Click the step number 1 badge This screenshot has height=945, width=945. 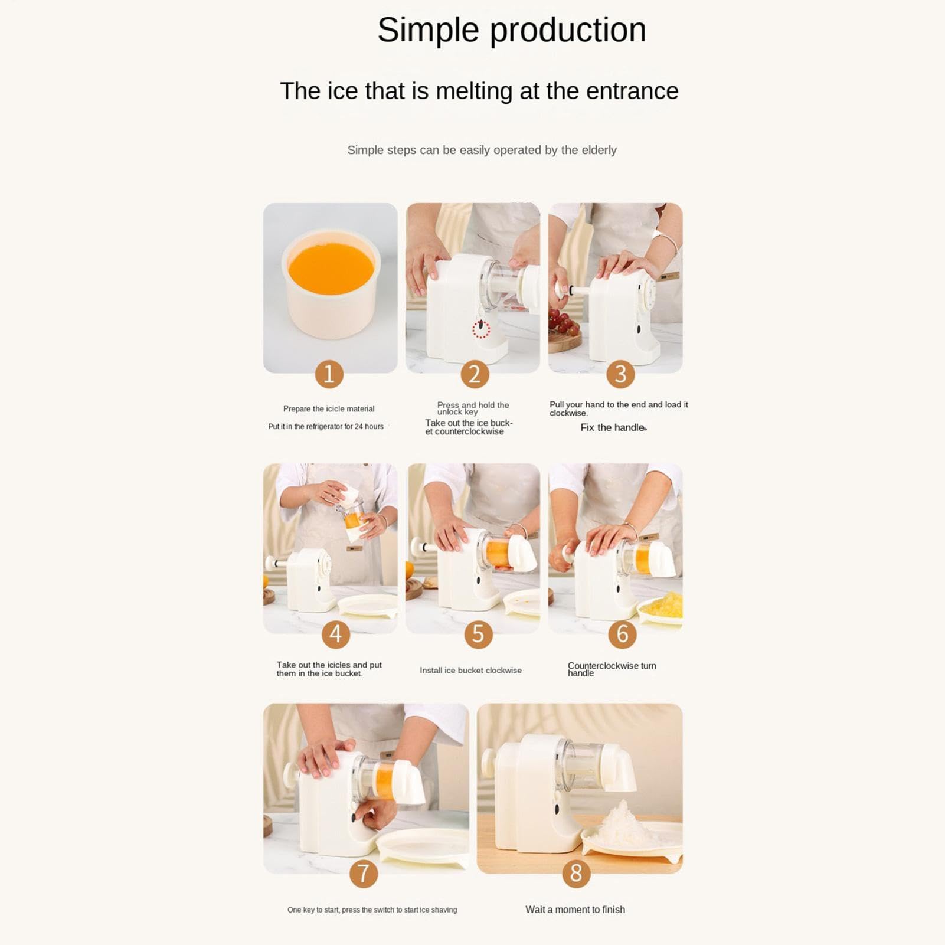329,374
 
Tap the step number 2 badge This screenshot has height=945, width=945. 475,374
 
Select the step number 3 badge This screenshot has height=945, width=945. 620,374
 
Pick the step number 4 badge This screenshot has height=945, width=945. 336,634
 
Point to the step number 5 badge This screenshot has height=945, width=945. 478,634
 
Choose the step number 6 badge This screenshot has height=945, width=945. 622,634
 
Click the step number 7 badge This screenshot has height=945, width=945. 364,874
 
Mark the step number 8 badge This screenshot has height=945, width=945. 576,874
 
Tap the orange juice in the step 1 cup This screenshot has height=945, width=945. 331,269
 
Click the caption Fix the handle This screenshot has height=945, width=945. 613,427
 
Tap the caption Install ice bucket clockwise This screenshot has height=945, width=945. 470,671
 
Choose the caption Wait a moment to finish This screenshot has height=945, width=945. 575,910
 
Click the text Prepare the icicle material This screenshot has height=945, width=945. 329,409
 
